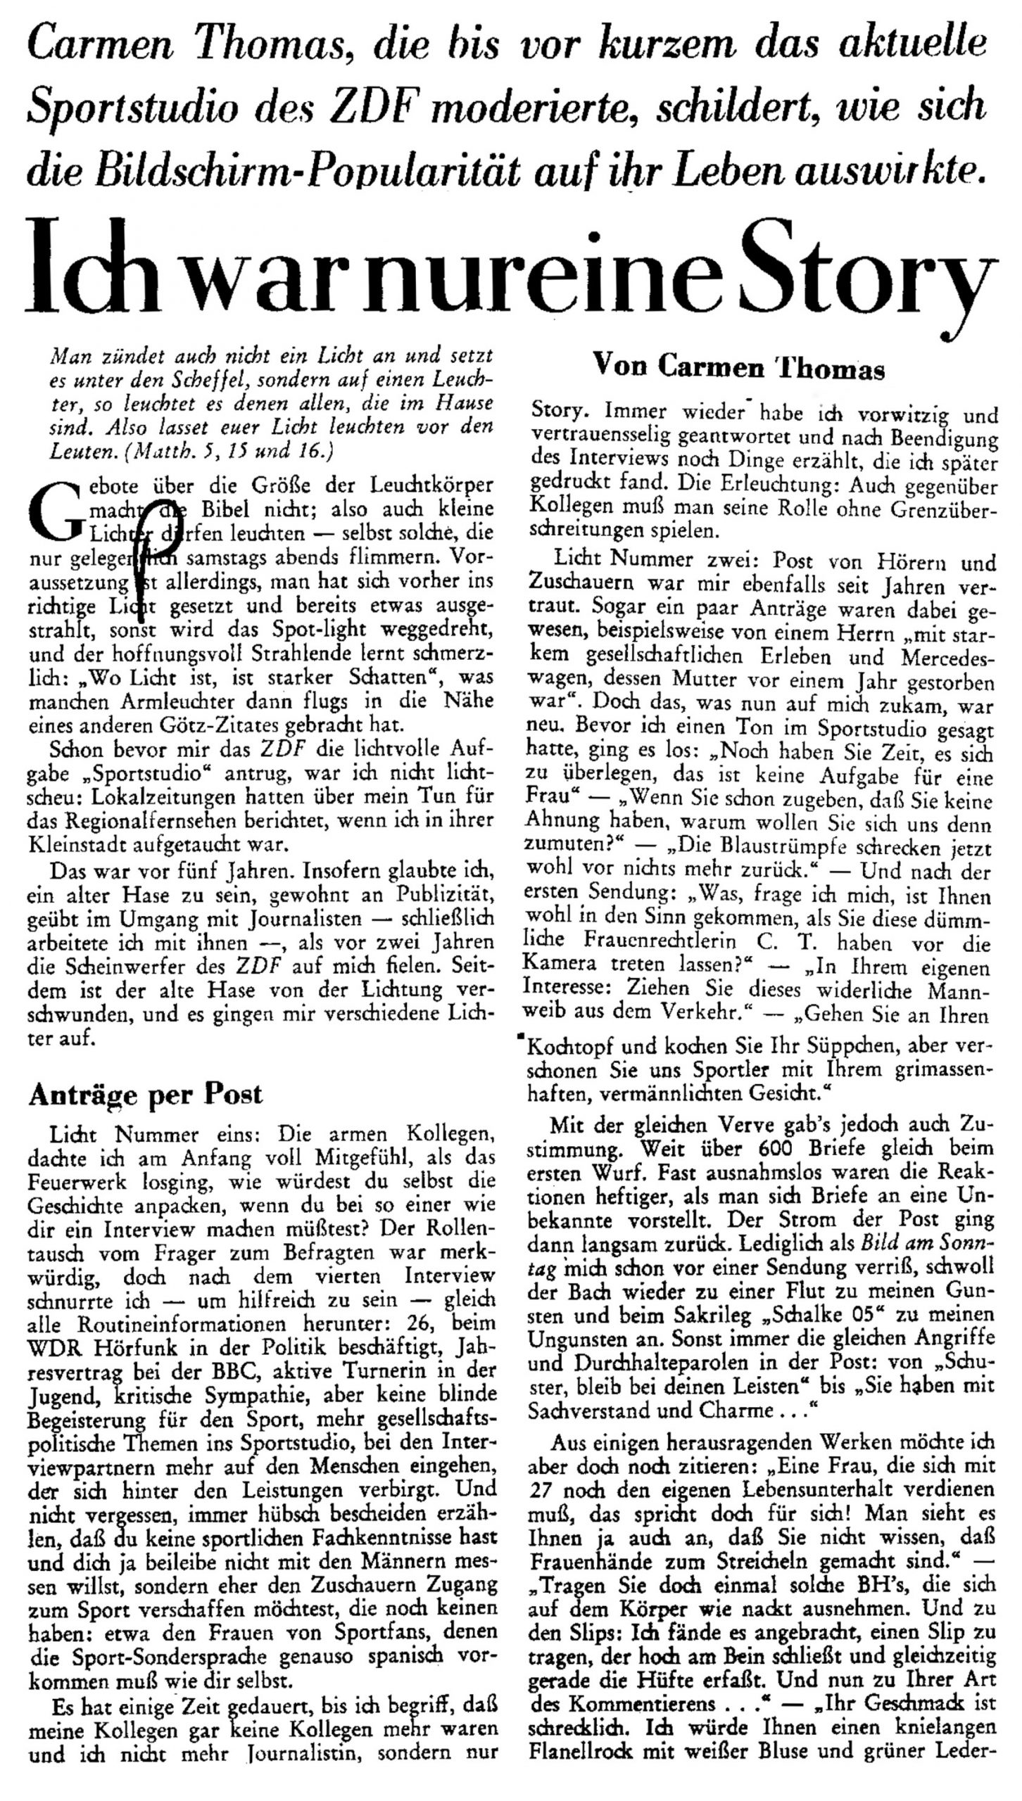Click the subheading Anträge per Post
[x=145, y=1095]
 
